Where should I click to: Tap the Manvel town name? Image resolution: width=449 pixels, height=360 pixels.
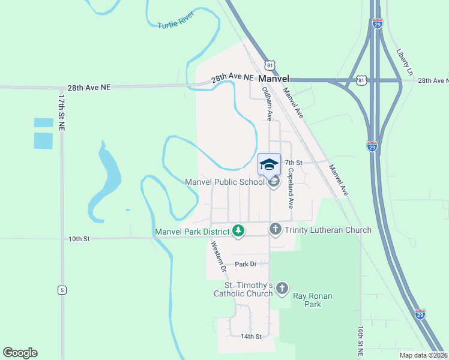point(274,79)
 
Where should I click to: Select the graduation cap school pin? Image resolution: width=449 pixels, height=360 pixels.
point(270,164)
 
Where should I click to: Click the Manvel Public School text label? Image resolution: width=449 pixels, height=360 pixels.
point(224,182)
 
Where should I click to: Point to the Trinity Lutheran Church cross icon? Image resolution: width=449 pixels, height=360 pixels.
point(275,229)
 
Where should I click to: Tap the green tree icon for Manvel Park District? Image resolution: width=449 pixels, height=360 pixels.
point(238,231)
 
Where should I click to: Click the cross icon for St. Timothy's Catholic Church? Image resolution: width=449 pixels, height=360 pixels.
point(282,289)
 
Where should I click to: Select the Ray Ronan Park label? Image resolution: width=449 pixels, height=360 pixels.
point(312,300)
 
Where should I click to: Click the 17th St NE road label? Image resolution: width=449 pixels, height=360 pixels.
point(62,112)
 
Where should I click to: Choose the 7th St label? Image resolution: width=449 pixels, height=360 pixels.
point(292,163)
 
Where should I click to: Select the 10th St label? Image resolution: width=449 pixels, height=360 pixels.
point(79,239)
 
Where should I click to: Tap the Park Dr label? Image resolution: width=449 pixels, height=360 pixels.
point(246,264)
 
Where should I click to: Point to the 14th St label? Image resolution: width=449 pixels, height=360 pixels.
point(251,337)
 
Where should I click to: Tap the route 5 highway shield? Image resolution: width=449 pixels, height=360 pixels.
point(62,290)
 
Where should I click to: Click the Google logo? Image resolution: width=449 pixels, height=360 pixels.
point(20,353)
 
